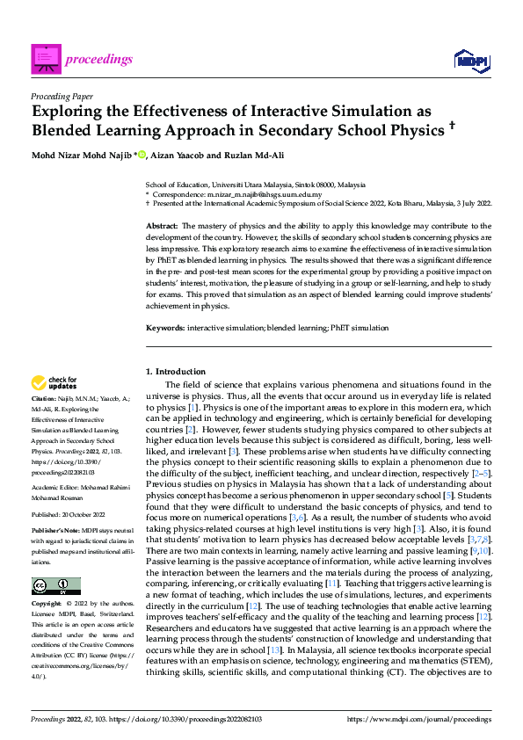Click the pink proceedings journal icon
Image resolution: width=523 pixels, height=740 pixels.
coord(46,59)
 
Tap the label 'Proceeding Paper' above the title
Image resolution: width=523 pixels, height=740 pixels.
coord(62,98)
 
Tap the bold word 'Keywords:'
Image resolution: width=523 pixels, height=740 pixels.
coord(165,327)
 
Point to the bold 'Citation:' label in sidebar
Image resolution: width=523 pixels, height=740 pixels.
coord(45,398)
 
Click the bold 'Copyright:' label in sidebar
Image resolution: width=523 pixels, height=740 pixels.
coord(47,580)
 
